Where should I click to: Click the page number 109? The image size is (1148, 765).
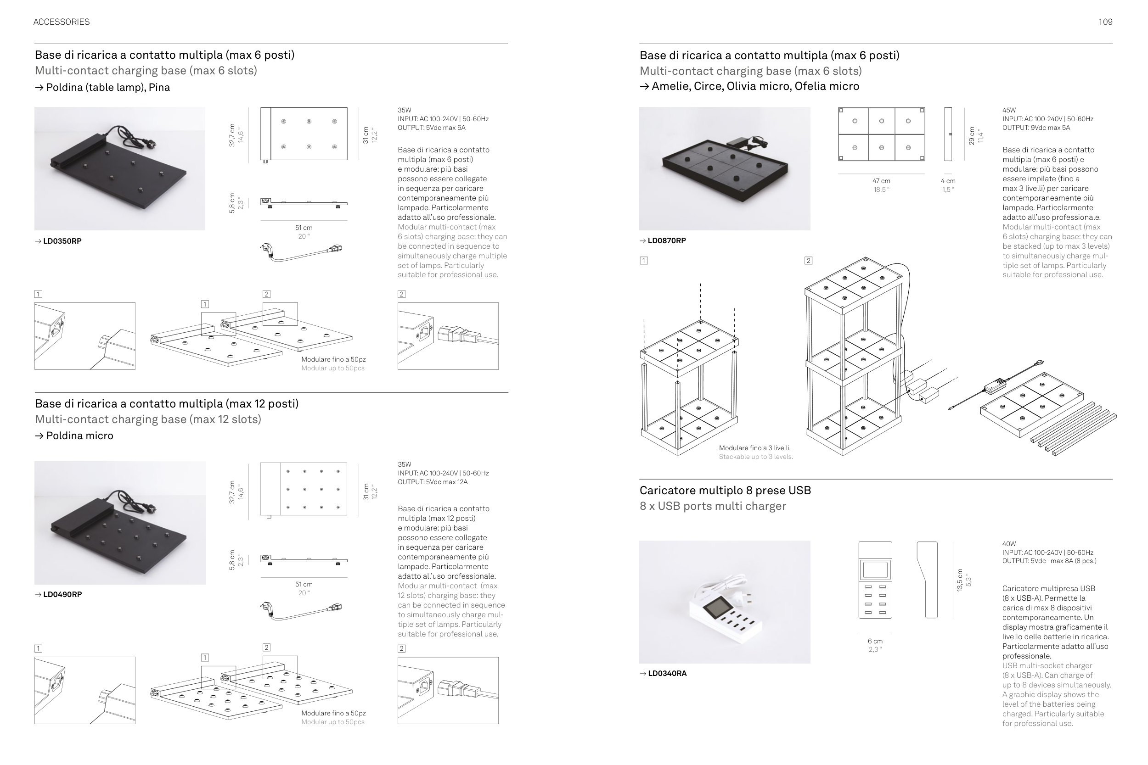tap(1105, 22)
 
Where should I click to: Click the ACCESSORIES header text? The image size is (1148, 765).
tap(62, 22)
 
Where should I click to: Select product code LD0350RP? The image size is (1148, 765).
tap(62, 241)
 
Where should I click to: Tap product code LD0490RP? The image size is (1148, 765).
tap(62, 594)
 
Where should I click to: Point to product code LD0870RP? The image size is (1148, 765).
tap(666, 240)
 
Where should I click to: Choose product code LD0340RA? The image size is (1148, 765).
tap(667, 673)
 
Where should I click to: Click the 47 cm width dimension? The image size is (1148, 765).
tap(881, 181)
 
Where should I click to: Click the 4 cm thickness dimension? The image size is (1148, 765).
tap(948, 181)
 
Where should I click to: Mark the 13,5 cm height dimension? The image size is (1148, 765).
tap(960, 580)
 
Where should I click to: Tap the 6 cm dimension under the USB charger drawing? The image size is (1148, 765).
tap(875, 641)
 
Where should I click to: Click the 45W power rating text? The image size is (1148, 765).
tap(1009, 110)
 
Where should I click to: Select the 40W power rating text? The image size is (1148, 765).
tap(1009, 544)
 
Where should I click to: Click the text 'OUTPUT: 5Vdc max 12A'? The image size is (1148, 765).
tap(433, 482)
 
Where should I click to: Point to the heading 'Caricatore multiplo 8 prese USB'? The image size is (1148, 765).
tap(725, 490)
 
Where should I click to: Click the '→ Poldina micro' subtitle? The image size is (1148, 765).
tap(74, 436)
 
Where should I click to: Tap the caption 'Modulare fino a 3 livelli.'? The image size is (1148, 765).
tap(754, 448)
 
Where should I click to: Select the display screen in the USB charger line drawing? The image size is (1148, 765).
tap(875, 570)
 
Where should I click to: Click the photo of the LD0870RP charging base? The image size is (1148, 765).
tap(724, 168)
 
